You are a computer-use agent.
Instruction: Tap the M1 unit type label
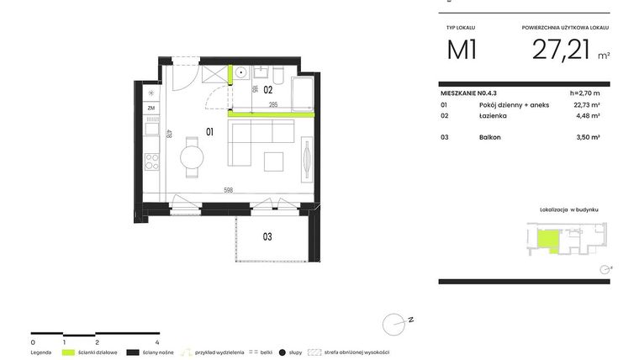462,50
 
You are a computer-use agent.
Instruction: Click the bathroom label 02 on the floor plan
268,88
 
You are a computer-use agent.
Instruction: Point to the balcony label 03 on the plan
267,236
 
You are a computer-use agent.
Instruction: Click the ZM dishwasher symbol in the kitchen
151,109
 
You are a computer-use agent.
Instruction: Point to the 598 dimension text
228,189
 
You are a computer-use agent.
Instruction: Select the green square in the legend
69,352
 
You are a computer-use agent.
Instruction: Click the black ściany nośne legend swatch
132,352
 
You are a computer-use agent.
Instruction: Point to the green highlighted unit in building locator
545,242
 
